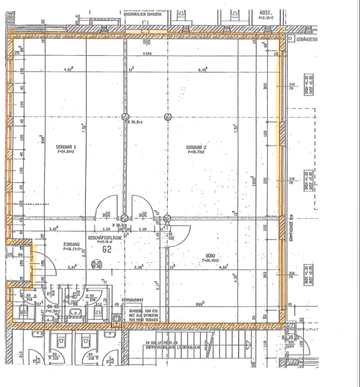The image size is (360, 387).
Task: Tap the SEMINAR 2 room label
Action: coord(196,147)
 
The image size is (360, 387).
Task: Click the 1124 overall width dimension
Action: coord(147,54)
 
